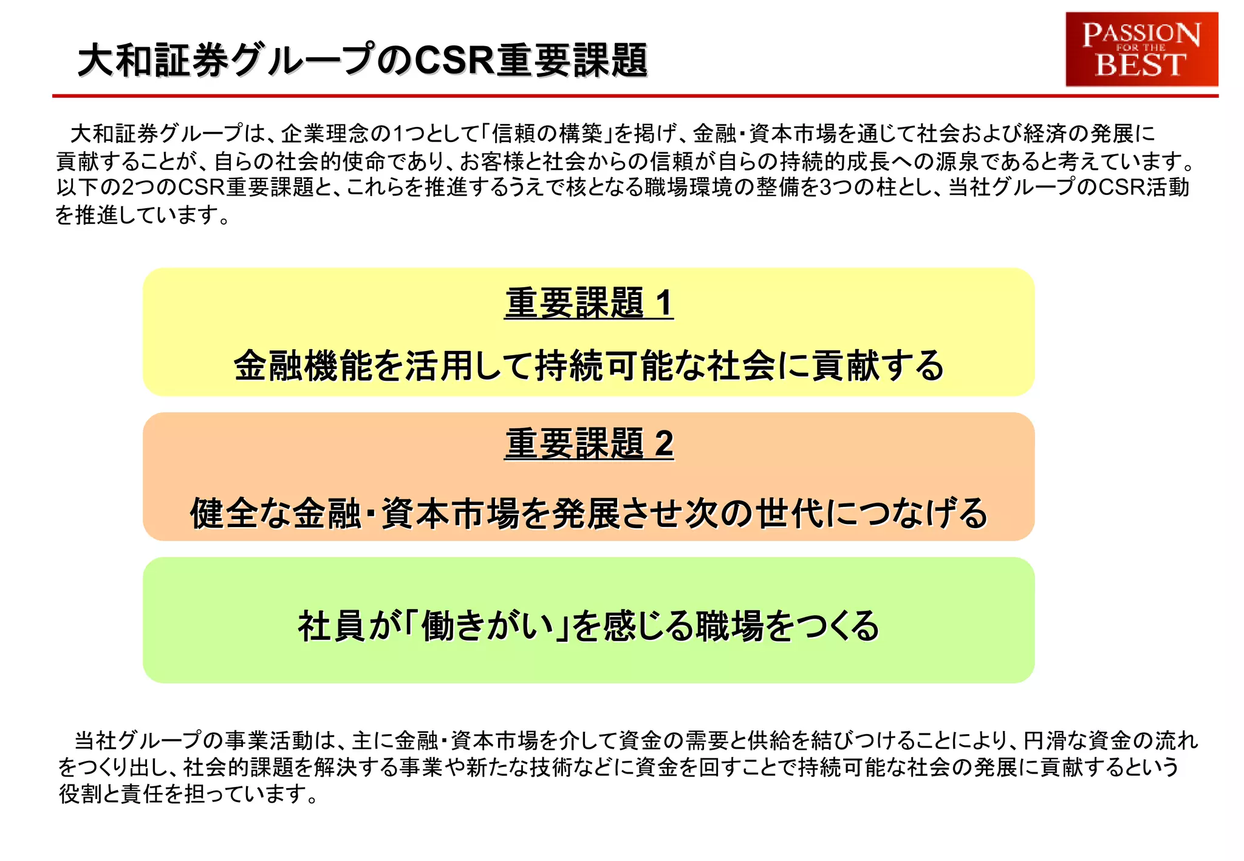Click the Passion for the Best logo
(x=1141, y=49)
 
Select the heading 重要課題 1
(x=589, y=303)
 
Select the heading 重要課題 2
(x=589, y=444)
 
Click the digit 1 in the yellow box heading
(x=664, y=303)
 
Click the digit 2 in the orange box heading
(x=664, y=444)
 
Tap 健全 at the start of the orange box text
(x=224, y=513)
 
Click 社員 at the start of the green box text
(x=331, y=626)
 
